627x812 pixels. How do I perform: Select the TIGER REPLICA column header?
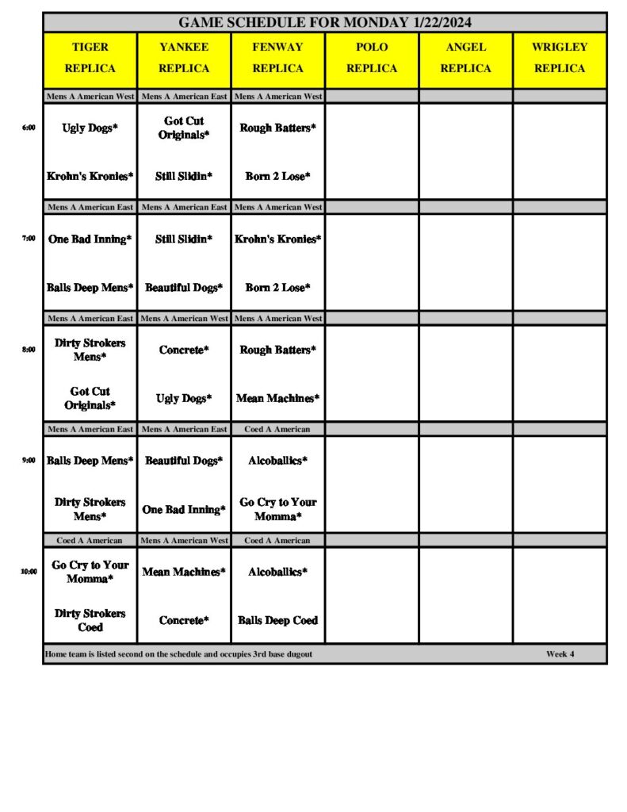(x=90, y=58)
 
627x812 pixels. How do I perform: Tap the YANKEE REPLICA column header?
(x=184, y=58)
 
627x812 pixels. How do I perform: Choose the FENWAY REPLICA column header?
(x=277, y=58)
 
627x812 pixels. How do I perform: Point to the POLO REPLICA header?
(x=372, y=58)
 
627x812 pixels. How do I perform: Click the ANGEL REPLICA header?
(x=465, y=58)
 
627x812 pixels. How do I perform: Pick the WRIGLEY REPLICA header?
(x=560, y=58)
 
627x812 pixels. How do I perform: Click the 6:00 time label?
(x=29, y=127)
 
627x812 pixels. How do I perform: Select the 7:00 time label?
(x=29, y=238)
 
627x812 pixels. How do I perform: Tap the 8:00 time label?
(x=29, y=349)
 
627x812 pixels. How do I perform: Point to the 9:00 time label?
(x=29, y=460)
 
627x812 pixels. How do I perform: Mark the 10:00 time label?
(x=29, y=571)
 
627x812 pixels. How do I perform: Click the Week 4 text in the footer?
(x=560, y=654)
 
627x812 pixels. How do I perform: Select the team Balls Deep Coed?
(x=277, y=620)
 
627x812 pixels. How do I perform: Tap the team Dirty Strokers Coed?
(x=90, y=620)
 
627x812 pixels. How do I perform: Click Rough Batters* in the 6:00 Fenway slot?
(x=277, y=128)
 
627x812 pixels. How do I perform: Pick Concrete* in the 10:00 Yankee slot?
(x=184, y=620)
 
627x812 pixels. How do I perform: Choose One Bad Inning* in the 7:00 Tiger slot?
(x=90, y=239)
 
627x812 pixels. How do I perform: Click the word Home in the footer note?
(x=56, y=654)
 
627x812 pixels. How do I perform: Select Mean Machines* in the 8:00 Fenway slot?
(x=277, y=398)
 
